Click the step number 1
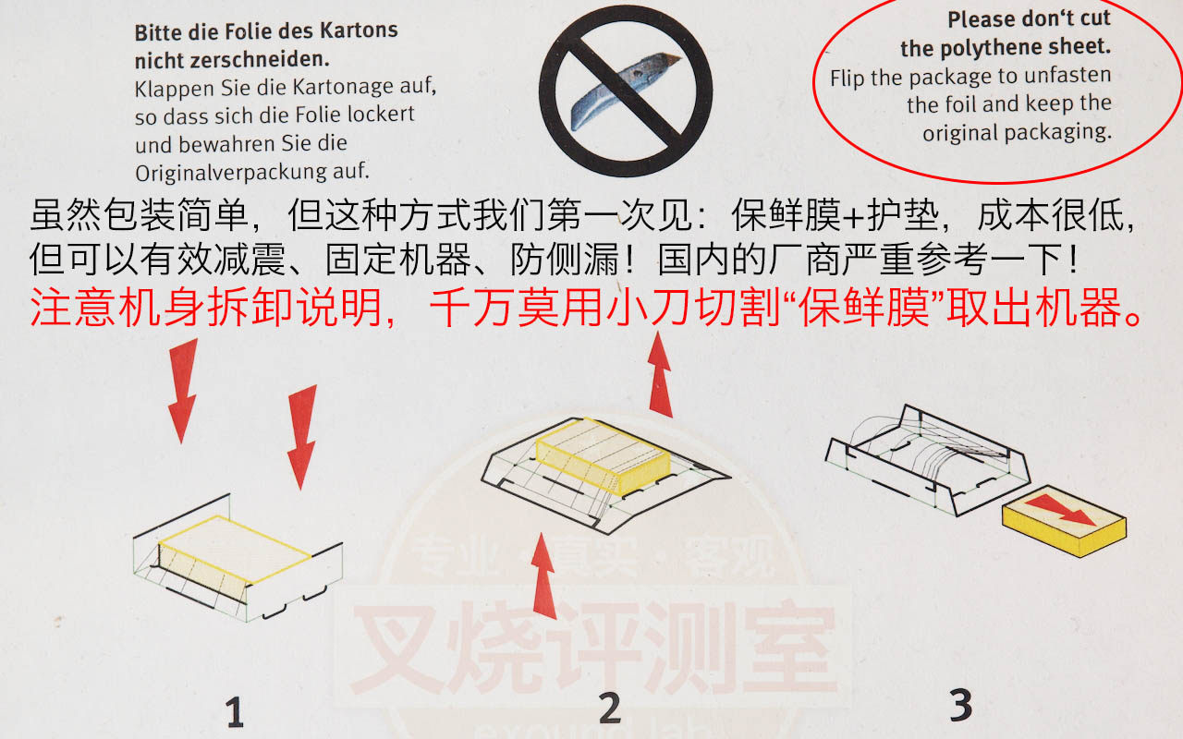tap(235, 711)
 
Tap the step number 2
tap(611, 708)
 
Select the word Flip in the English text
tap(848, 79)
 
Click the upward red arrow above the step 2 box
tap(660, 374)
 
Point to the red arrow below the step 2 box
tap(543, 575)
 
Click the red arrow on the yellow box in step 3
tap(1062, 509)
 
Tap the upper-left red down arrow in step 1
tap(183, 391)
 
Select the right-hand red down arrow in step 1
tap(302, 437)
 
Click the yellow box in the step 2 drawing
tap(604, 456)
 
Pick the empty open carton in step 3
tap(927, 460)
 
